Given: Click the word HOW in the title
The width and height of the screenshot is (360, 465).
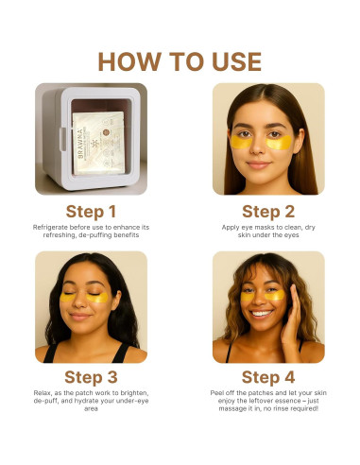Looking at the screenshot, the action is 129,61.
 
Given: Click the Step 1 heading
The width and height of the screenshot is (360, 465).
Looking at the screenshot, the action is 91,212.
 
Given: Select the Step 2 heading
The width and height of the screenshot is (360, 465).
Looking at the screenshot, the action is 268,212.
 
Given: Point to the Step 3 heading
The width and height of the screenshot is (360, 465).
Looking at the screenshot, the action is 91,377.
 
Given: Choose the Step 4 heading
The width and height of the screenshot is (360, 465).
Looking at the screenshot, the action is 268,377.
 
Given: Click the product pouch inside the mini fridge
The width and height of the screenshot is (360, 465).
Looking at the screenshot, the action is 99,144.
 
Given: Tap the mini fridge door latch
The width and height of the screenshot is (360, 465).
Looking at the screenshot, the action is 63,139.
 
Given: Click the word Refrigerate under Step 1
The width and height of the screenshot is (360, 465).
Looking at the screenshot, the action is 50,227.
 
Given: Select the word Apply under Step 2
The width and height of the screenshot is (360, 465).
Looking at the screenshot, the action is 231,227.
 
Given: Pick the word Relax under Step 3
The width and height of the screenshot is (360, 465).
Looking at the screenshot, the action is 43,393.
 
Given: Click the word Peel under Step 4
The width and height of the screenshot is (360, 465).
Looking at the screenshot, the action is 216,393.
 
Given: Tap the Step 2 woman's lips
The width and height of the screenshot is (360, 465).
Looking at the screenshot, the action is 258,164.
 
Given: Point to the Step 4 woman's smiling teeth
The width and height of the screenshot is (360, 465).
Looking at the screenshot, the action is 262,314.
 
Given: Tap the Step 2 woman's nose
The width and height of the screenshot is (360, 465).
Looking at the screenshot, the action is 257,147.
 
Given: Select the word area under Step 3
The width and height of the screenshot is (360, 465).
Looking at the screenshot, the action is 91,409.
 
